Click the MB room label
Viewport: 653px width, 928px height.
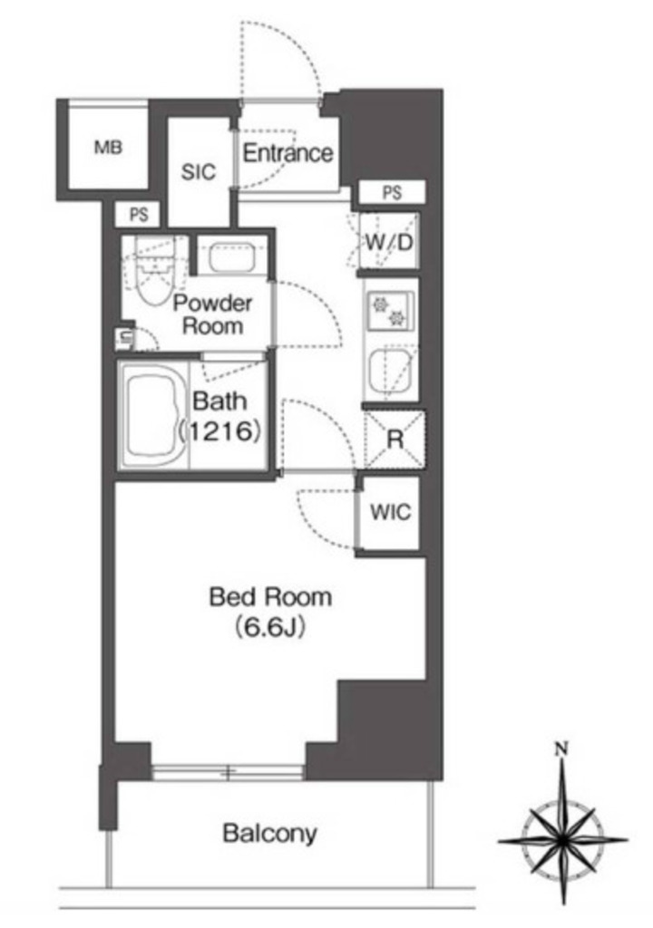click(x=109, y=147)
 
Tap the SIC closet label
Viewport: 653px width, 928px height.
click(x=199, y=172)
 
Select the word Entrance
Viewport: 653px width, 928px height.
click(x=288, y=153)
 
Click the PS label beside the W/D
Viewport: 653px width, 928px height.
click(x=392, y=192)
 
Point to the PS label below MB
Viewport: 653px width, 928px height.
click(x=139, y=214)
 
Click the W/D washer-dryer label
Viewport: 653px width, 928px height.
click(x=389, y=241)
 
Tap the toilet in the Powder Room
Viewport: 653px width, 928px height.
click(x=153, y=270)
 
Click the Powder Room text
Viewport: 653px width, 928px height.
click(x=212, y=314)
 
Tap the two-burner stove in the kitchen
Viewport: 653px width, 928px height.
click(x=389, y=312)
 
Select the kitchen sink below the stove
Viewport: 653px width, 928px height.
click(x=390, y=371)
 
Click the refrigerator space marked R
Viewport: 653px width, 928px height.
click(x=394, y=440)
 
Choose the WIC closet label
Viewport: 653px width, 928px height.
click(x=391, y=512)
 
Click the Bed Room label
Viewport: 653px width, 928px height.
click(x=270, y=596)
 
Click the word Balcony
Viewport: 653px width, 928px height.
click(x=269, y=834)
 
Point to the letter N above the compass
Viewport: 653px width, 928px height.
click(x=560, y=749)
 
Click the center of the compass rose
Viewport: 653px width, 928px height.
click(x=561, y=839)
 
